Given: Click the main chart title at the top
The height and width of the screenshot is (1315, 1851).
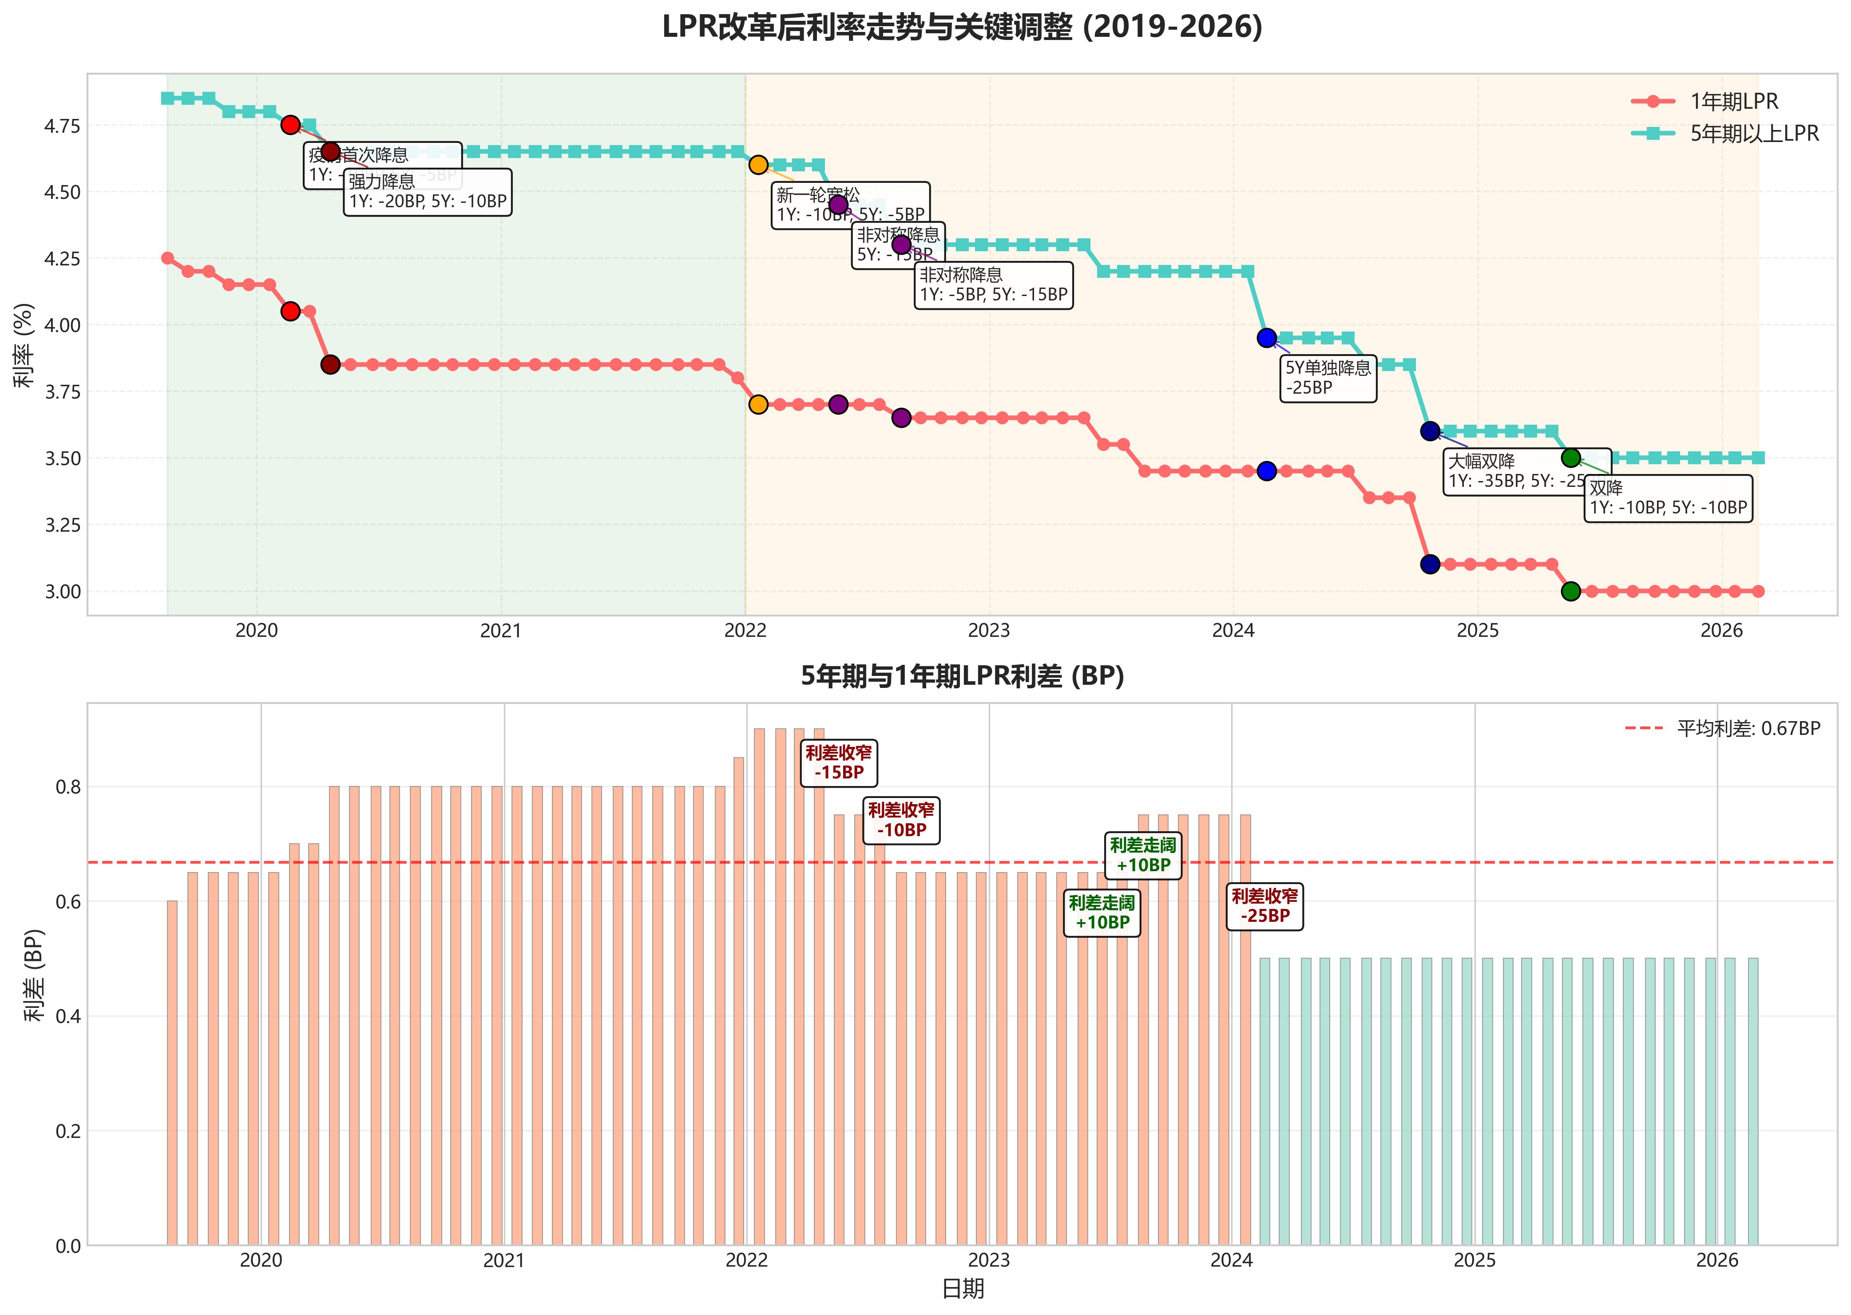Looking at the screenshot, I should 962,27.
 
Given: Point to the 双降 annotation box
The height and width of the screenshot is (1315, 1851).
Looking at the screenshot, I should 1667,498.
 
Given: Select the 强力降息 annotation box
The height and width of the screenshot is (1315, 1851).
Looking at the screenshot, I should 427,192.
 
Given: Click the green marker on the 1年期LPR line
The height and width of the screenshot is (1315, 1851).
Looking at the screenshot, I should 1570,591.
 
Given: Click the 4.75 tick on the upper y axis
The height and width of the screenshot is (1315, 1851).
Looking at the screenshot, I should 62,126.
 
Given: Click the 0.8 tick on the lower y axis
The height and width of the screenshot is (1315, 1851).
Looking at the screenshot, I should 68,787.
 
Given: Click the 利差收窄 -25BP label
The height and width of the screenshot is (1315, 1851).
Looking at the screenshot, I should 1264,906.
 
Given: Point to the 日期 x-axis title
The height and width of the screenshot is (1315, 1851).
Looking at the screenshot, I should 963,1289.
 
